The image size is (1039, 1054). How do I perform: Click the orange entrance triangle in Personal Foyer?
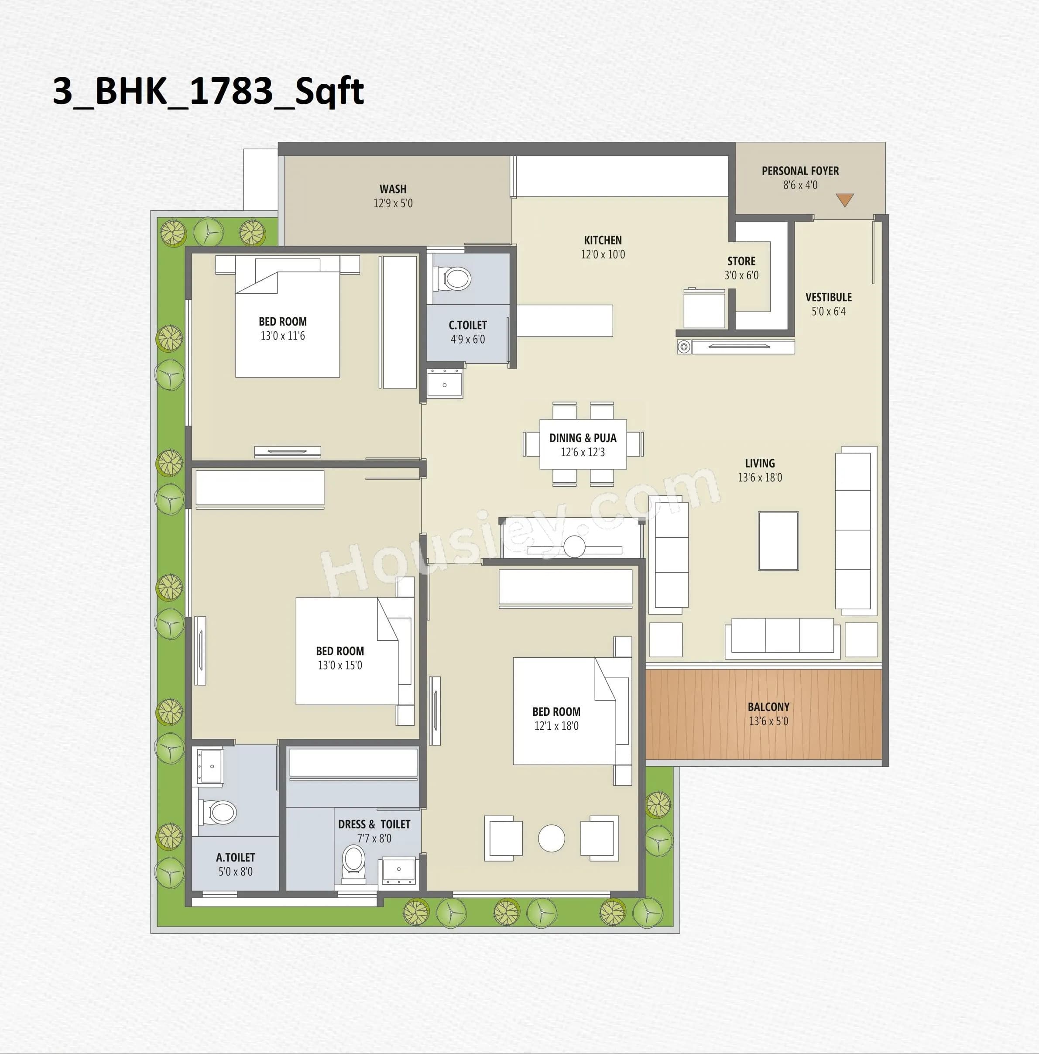point(844,200)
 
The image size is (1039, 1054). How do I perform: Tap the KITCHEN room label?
point(603,240)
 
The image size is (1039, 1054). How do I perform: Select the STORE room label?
point(741,261)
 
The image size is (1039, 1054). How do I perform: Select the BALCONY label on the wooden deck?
point(768,707)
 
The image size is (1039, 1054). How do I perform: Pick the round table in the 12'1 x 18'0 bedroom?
point(552,838)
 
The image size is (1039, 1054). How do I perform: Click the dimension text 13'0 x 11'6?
point(282,336)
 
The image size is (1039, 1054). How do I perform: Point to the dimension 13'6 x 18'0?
point(760,478)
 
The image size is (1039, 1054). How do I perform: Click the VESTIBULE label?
point(829,297)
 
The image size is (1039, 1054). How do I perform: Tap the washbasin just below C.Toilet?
point(445,384)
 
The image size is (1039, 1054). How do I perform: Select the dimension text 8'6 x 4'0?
point(800,185)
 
